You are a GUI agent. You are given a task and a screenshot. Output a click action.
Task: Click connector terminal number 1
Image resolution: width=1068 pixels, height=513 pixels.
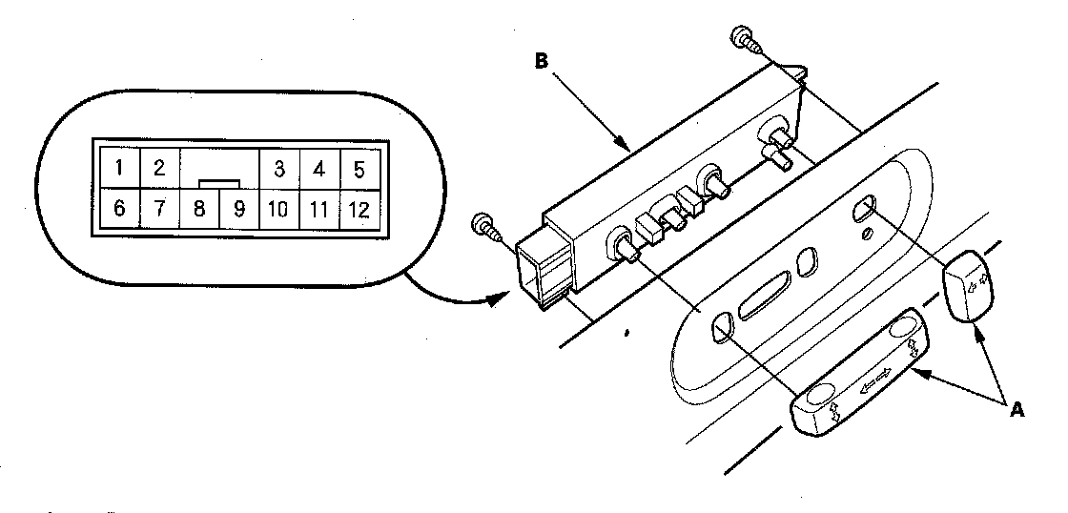click(119, 170)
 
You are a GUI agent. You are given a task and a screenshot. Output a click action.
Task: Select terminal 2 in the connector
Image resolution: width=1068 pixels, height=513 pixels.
click(159, 170)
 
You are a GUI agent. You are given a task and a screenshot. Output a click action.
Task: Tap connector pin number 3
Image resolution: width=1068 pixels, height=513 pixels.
click(279, 170)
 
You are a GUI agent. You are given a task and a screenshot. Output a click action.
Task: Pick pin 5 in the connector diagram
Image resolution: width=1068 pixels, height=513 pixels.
click(359, 170)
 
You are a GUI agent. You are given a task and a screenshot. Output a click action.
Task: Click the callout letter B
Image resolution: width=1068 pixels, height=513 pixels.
click(541, 60)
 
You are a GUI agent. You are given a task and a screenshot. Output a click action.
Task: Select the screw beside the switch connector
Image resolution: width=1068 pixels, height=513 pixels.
click(485, 226)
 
